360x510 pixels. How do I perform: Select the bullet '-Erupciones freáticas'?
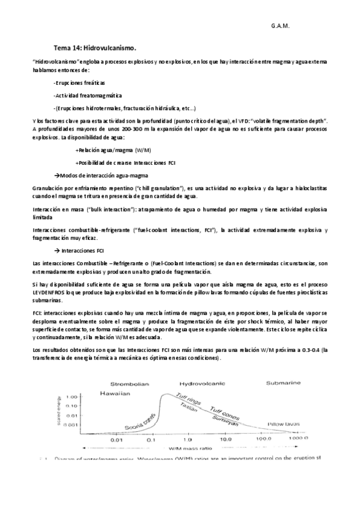(79, 82)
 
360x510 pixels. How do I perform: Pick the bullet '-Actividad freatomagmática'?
(87, 95)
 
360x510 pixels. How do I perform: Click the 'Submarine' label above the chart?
(282, 382)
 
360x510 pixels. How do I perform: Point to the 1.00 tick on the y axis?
(89, 398)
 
